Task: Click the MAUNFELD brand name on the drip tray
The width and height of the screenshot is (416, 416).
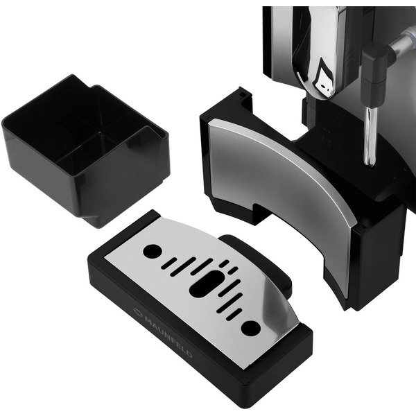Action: (x=168, y=336)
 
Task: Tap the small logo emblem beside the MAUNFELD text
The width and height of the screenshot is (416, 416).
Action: (x=138, y=312)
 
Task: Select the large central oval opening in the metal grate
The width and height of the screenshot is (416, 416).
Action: (x=205, y=283)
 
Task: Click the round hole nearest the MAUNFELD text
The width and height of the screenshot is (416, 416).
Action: (x=250, y=327)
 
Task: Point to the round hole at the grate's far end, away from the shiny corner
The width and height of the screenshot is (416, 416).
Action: (x=153, y=251)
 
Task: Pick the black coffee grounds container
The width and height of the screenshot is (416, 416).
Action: (x=85, y=150)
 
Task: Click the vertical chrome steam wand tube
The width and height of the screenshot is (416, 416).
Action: (x=370, y=136)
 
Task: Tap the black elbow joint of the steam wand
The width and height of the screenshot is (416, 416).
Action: (x=374, y=76)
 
